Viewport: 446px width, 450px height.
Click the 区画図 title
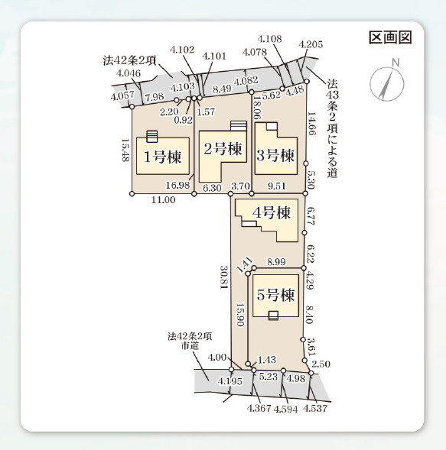[390, 38]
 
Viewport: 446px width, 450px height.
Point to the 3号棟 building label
[276, 157]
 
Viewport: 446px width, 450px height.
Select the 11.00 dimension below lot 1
[163, 199]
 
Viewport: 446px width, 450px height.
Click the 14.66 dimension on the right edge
[311, 123]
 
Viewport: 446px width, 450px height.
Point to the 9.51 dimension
[277, 185]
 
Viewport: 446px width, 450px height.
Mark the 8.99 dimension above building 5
[278, 261]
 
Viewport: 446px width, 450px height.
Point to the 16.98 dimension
[177, 186]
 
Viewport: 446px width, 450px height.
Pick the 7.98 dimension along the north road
[154, 96]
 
